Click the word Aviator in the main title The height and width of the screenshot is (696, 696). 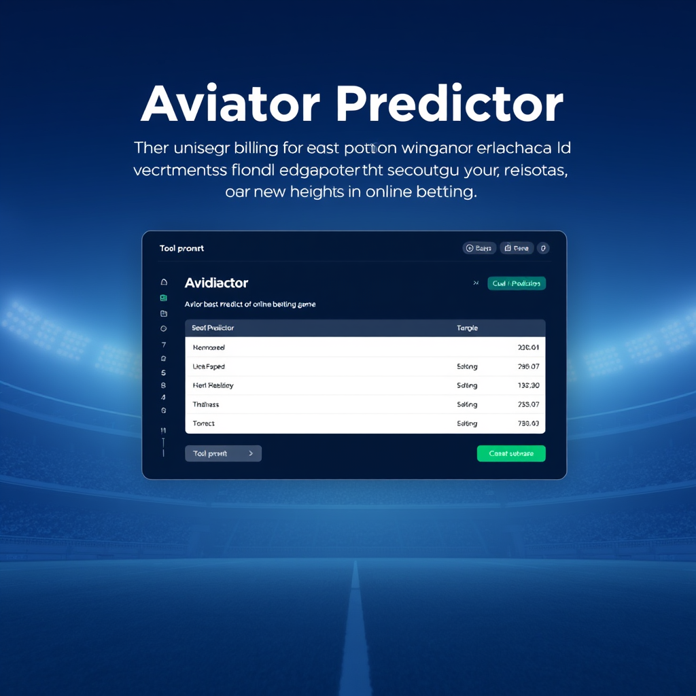(x=230, y=105)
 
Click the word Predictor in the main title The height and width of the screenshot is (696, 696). (x=450, y=105)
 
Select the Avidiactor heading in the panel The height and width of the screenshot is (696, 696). (x=216, y=283)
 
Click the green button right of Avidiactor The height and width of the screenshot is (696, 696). (x=517, y=283)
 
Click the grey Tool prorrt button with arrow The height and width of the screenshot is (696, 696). (x=223, y=453)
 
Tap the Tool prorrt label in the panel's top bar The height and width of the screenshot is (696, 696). (x=181, y=249)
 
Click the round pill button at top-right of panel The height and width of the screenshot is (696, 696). (x=543, y=248)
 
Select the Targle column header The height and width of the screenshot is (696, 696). (x=467, y=328)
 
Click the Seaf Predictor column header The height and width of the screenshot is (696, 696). (x=213, y=328)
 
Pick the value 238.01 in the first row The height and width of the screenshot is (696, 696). (x=528, y=347)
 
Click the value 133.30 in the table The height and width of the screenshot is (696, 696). (x=528, y=385)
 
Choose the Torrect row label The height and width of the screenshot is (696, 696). (x=204, y=423)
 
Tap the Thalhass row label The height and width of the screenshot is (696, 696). (x=206, y=404)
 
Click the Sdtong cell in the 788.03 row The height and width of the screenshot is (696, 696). (x=467, y=423)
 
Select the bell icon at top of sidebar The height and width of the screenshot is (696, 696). (x=163, y=281)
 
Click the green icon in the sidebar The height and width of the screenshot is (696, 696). (x=163, y=298)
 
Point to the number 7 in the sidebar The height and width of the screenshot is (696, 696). (x=163, y=345)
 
